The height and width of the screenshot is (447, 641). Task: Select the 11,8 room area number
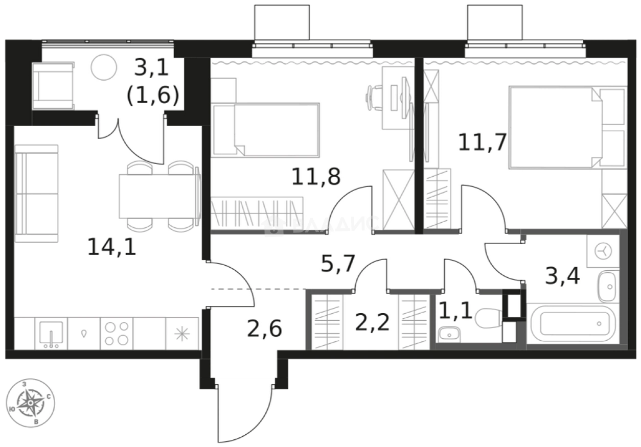tap(316, 177)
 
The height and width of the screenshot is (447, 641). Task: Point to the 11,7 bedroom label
tap(482, 143)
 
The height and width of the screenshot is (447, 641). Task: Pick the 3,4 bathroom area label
tap(562, 277)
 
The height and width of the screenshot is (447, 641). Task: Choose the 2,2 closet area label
tap(373, 322)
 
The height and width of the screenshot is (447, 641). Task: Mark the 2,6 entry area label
tap(264, 328)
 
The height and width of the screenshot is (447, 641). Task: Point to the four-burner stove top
tap(117, 333)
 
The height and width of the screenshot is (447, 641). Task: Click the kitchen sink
tap(51, 333)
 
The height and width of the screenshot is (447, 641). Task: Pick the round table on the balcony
tap(105, 67)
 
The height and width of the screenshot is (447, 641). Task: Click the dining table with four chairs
tap(158, 196)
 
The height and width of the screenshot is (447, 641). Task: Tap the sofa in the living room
tap(36, 193)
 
